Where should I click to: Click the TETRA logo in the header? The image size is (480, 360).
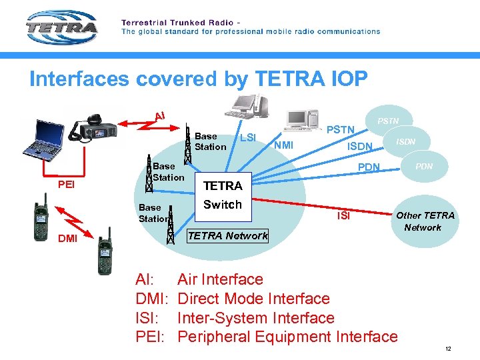pos(61,28)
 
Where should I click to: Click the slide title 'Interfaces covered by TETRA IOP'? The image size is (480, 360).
pos(198,79)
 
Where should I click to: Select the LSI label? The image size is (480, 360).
pos(248,138)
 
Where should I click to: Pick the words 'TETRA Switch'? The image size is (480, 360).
pos(223,195)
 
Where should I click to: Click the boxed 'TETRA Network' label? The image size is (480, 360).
pos(228,235)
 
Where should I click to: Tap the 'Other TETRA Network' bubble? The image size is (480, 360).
pos(425,221)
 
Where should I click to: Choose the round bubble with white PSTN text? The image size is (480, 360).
pos(389,121)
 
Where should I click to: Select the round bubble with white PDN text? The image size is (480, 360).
pos(424,166)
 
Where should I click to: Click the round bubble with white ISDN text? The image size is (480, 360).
pos(406,141)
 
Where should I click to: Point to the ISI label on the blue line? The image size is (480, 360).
pos(343,215)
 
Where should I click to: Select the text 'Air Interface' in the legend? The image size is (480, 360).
pos(220,279)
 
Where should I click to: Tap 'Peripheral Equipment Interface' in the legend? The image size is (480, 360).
pos(287,337)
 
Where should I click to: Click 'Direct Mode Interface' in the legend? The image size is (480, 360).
pos(253,299)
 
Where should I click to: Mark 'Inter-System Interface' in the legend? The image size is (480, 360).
pos(256,318)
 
